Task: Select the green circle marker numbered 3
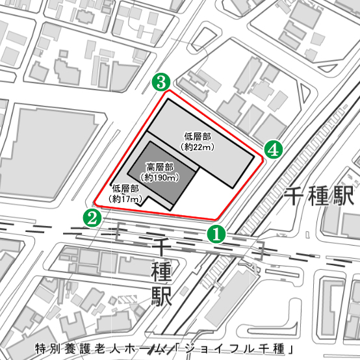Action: click(161, 83)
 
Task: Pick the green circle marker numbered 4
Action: click(274, 150)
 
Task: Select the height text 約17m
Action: click(125, 199)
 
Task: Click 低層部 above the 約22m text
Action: click(198, 137)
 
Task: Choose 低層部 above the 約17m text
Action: click(125, 189)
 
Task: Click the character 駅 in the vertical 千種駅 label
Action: click(160, 296)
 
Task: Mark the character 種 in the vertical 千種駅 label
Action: click(160, 272)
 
